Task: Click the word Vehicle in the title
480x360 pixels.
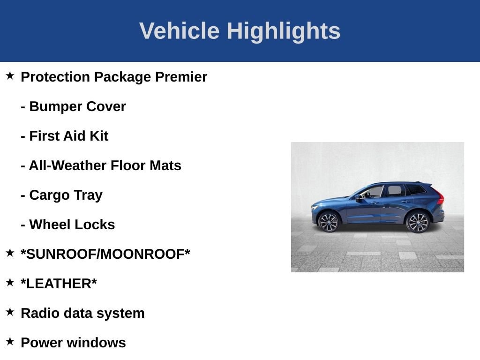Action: [179, 31]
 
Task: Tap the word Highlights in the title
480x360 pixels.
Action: [283, 31]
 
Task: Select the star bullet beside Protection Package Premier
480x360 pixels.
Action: [10, 75]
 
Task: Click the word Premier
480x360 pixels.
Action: [181, 77]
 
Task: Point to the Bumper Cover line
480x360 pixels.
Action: [73, 106]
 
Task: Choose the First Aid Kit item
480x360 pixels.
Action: [64, 136]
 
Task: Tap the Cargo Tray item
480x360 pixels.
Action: [61, 195]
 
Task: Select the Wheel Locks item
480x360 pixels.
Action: [67, 225]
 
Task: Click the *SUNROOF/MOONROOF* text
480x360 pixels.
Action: [105, 254]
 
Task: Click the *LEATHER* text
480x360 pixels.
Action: [59, 284]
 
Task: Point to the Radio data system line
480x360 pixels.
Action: [82, 313]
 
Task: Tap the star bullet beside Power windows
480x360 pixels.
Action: [10, 341]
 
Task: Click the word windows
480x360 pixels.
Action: [102, 343]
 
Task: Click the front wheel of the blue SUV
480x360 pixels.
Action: [328, 222]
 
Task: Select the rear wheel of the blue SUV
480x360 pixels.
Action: [417, 222]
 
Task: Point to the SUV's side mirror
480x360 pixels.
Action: [359, 198]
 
